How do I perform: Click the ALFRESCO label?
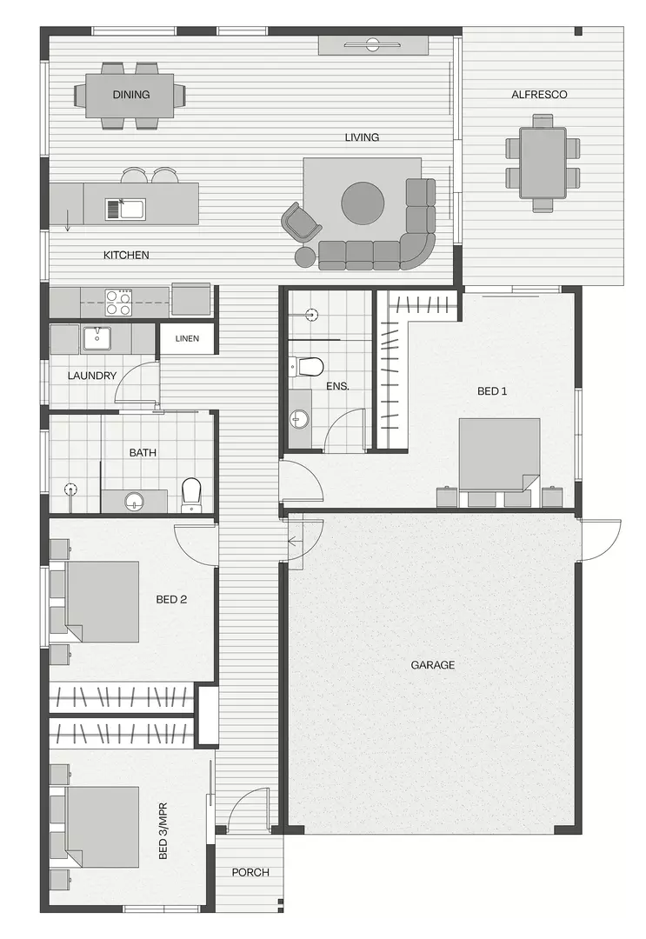(539, 95)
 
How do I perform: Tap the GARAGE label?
(432, 665)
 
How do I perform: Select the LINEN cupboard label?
(187, 338)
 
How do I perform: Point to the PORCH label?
(250, 872)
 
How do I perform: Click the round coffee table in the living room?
(363, 203)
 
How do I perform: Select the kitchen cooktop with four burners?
(118, 303)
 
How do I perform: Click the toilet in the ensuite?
(310, 365)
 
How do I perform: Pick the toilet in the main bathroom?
(191, 493)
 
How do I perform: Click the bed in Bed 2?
(103, 601)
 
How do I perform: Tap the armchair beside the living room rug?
(300, 222)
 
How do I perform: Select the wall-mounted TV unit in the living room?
(373, 44)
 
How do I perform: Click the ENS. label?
(337, 385)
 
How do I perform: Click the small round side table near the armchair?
(305, 256)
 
